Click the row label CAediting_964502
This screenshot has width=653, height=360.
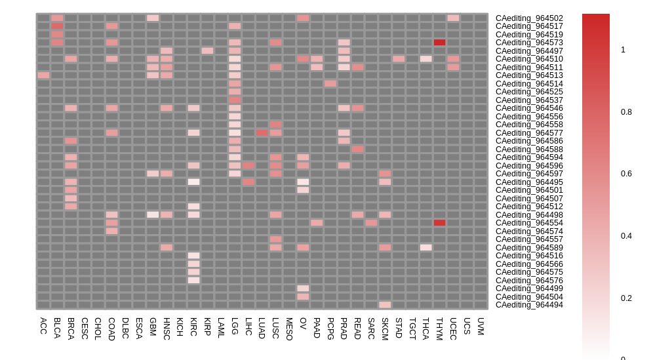529,18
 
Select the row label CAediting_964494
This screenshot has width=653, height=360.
529,305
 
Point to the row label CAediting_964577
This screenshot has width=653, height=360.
529,133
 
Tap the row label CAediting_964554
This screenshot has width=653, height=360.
529,223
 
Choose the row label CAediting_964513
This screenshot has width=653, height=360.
529,75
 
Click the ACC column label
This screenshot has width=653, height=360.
43,326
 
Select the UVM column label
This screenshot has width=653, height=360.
481,327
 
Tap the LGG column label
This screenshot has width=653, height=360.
235,326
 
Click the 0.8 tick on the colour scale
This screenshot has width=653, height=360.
626,112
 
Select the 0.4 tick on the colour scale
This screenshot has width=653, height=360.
626,236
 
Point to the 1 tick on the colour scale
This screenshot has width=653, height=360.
623,50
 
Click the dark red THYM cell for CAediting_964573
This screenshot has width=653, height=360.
439,43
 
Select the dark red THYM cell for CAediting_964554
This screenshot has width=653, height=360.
439,223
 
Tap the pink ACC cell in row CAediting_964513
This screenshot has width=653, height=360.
43,75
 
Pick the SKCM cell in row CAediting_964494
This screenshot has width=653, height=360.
385,305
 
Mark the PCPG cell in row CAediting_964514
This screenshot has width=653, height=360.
330,84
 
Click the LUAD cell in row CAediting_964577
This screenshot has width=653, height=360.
262,133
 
